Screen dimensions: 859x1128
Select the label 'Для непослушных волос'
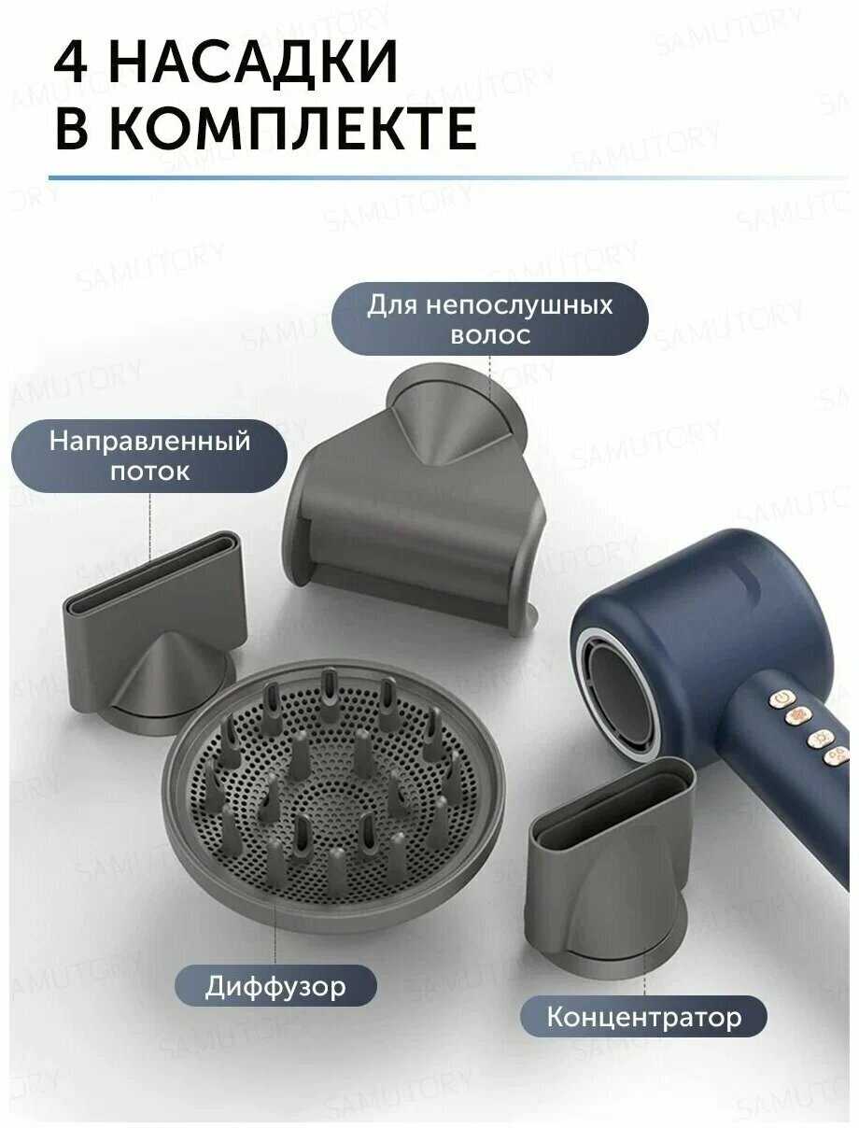tap(489, 319)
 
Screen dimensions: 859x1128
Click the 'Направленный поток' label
tap(149, 457)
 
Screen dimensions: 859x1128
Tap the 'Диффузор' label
tap(275, 986)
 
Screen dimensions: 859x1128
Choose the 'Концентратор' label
tap(643, 1016)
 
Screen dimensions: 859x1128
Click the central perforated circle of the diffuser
tap(334, 803)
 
